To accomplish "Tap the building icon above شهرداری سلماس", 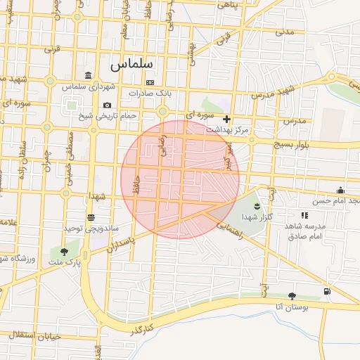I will [87, 75].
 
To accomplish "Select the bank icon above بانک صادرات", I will [149, 82].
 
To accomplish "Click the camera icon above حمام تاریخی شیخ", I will [107, 105].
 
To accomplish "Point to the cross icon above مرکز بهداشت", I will [226, 119].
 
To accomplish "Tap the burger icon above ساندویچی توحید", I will [91, 217].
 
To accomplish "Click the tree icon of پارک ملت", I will [65, 251].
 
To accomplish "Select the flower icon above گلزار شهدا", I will [256, 205].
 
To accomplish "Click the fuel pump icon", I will [326, 292].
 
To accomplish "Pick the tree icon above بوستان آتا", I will [292, 296].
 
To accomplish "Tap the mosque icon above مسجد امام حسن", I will [340, 190].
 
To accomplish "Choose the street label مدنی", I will [284, 32].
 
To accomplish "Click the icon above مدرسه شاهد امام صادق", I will [304, 215].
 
